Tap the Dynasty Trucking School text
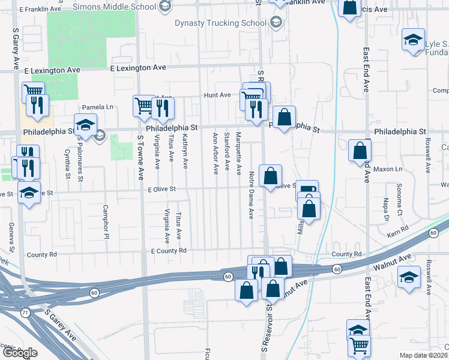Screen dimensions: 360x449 click(220, 23)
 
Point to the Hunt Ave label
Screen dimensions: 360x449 click(217, 95)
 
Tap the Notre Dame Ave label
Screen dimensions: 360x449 click(251, 187)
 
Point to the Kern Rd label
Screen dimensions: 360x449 click(397, 229)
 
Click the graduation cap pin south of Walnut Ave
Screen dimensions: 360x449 click(409, 277)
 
